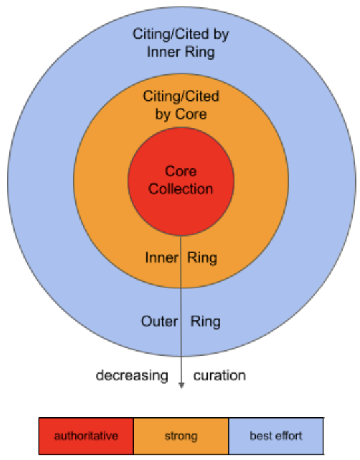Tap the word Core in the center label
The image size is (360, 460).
pyautogui.click(x=181, y=172)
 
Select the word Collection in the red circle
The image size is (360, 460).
pyautogui.click(x=181, y=189)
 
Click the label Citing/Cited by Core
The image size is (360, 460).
pyautogui.click(x=181, y=105)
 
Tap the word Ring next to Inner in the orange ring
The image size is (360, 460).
pyautogui.click(x=202, y=258)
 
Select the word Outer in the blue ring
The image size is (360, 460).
pyautogui.click(x=159, y=322)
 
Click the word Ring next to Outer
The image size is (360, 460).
pyautogui.click(x=206, y=322)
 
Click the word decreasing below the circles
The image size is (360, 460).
pyautogui.click(x=132, y=376)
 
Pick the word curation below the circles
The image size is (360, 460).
pyautogui.click(x=220, y=376)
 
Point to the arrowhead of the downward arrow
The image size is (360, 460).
pyautogui.click(x=181, y=385)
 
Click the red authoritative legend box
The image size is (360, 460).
pyautogui.click(x=87, y=437)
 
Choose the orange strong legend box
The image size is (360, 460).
pyautogui.click(x=181, y=437)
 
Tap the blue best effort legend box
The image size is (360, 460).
pyautogui.click(x=276, y=437)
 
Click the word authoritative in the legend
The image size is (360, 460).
pyautogui.click(x=87, y=437)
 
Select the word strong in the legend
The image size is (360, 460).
pyautogui.click(x=181, y=437)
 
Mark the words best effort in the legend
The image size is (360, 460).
pyautogui.click(x=276, y=437)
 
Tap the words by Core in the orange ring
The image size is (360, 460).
pyautogui.click(x=181, y=114)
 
